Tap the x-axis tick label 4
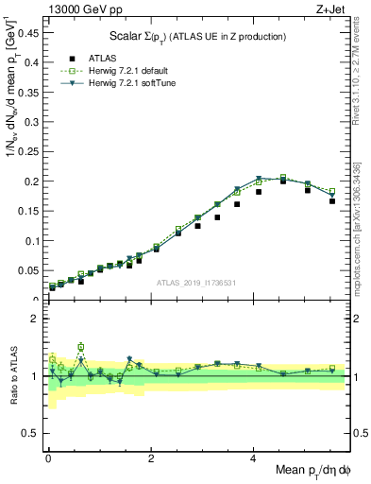coord(253,458)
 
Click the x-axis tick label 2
coord(150,458)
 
